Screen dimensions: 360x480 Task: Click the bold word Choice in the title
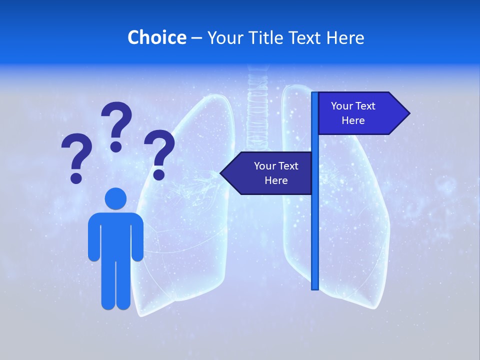[x=156, y=37]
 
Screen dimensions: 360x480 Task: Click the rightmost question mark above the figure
[x=159, y=152]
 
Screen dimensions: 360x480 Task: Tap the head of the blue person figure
[x=115, y=199]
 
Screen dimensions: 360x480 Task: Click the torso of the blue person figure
[x=115, y=235]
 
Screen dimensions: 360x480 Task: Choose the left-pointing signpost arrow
[x=267, y=173]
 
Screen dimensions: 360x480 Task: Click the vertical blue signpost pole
[x=315, y=225]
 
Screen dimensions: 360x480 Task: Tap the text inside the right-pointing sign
[x=353, y=113]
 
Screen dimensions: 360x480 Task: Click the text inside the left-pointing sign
[x=276, y=173]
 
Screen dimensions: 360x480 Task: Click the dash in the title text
[x=196, y=38]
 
